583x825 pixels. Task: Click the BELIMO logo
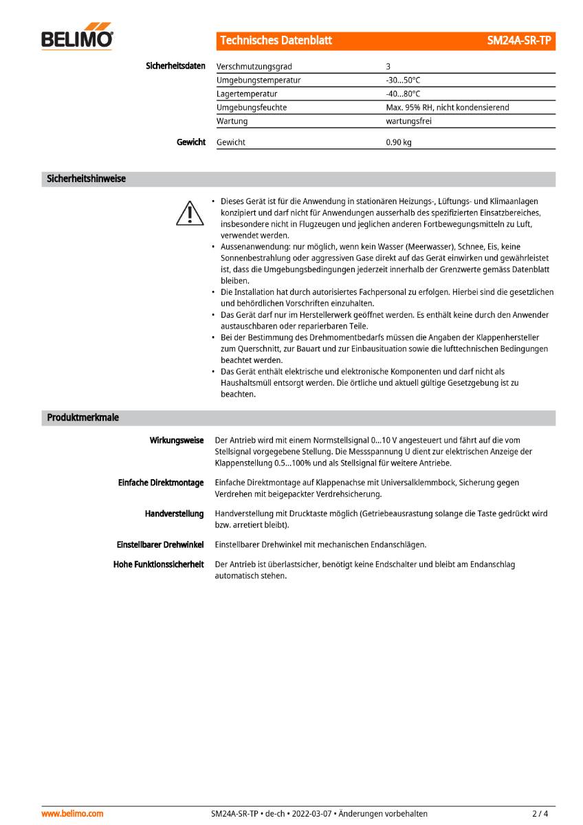tap(77, 38)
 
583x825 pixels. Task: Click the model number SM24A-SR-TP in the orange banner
tap(519, 41)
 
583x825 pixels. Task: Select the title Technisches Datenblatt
tap(276, 41)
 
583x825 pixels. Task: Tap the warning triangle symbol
tap(188, 213)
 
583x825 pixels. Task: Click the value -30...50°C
tap(403, 80)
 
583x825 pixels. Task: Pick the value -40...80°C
tap(403, 93)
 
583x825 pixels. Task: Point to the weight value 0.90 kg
tap(399, 142)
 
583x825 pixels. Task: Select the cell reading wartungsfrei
tap(408, 121)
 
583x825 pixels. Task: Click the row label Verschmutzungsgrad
tap(254, 67)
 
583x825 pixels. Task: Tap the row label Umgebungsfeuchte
tap(252, 107)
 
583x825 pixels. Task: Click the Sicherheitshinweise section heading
tap(86, 179)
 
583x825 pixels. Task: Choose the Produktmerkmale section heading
tap(82, 418)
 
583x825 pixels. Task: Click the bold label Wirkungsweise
tap(177, 440)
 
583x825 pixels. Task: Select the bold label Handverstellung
tap(174, 514)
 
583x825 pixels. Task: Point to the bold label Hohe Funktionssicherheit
tap(158, 564)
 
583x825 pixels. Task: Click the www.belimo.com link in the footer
tap(72, 813)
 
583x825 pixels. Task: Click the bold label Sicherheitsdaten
tap(175, 66)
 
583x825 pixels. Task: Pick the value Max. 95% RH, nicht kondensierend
tap(447, 107)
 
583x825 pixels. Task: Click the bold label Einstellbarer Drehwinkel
tap(159, 544)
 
